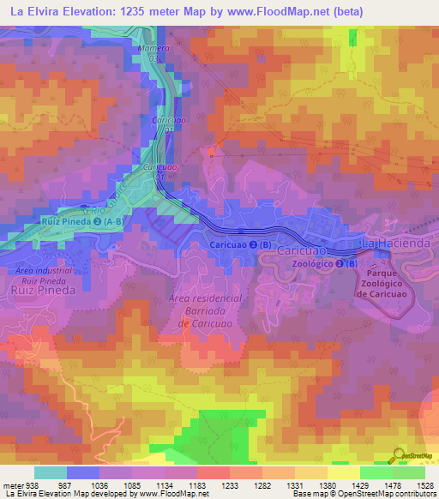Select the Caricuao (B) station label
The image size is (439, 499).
tap(241, 245)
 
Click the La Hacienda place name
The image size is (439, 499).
tap(395, 244)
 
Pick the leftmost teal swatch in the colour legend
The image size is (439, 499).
tap(51, 472)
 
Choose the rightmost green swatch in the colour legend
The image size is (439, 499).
tap(409, 472)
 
